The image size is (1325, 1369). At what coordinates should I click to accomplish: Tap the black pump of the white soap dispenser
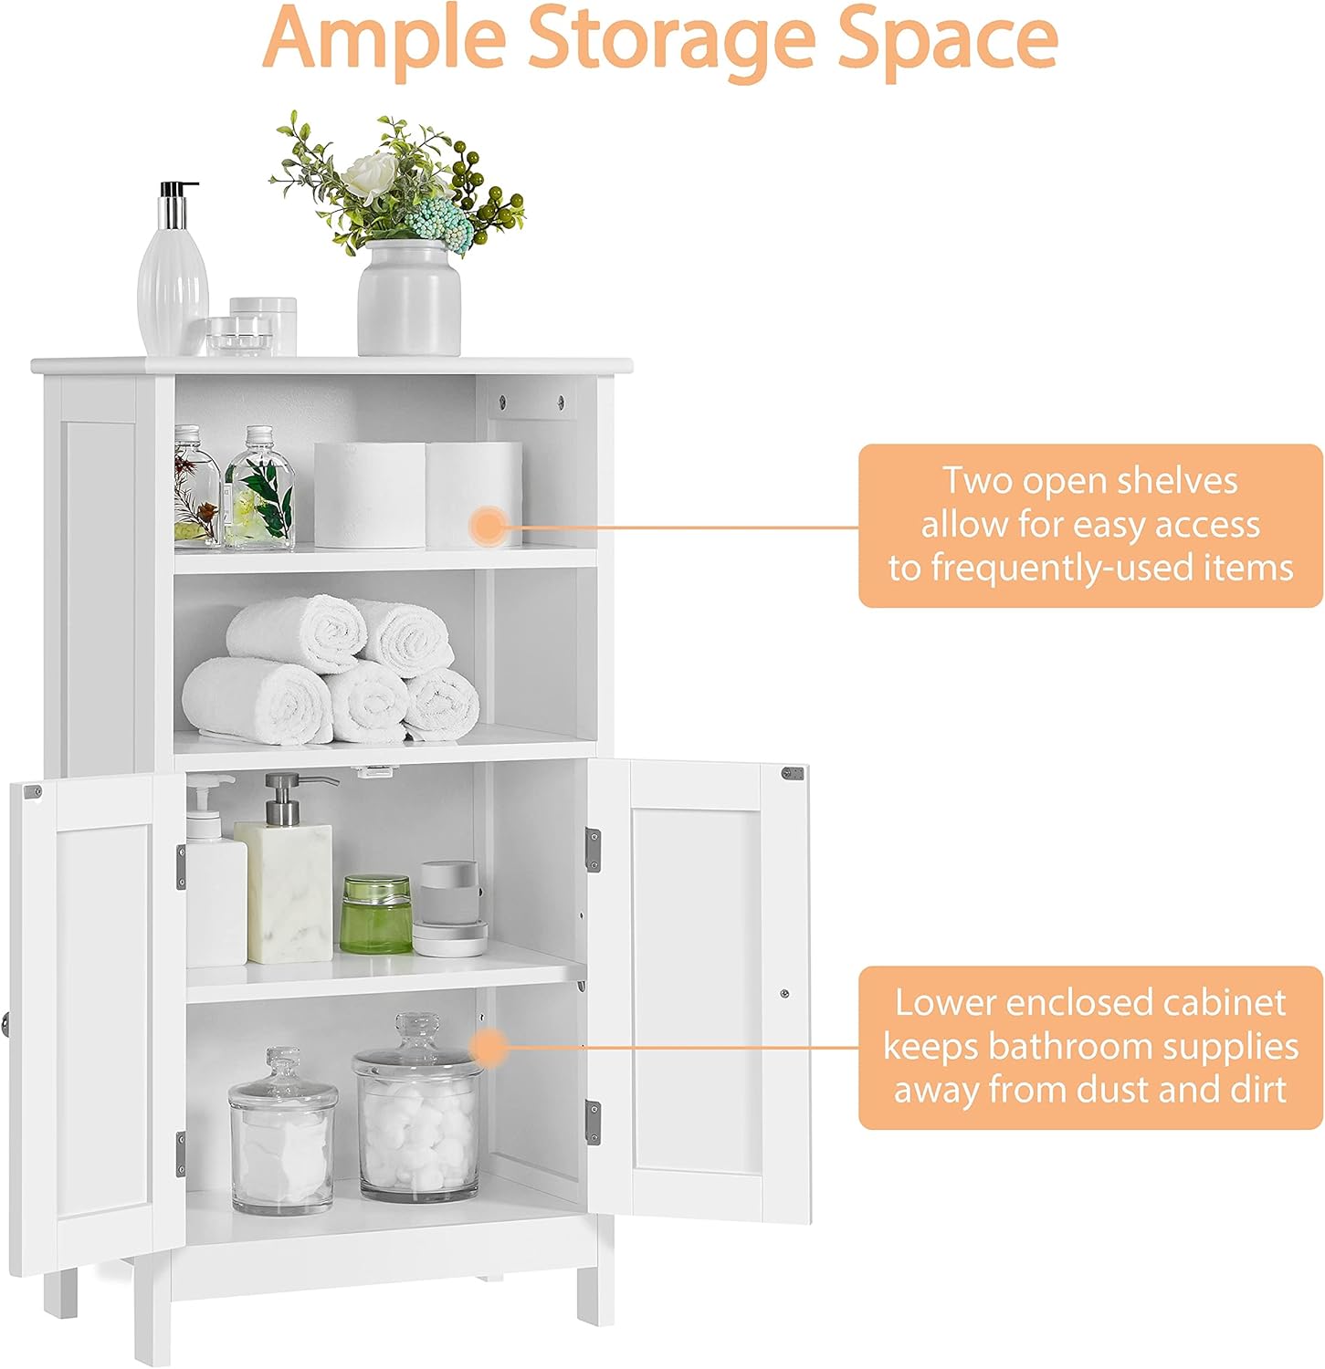tap(178, 193)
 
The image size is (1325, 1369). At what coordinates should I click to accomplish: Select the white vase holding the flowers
tap(408, 298)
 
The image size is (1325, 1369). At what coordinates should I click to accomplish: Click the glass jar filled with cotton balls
tap(418, 1118)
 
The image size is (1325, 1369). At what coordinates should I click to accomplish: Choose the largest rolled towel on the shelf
tap(258, 701)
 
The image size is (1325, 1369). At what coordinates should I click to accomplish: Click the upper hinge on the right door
tap(594, 849)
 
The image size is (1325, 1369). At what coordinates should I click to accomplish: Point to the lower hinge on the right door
tap(594, 1121)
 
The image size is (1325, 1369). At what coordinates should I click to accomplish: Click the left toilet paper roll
tap(369, 495)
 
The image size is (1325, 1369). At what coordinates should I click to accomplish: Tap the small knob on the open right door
tap(784, 992)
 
